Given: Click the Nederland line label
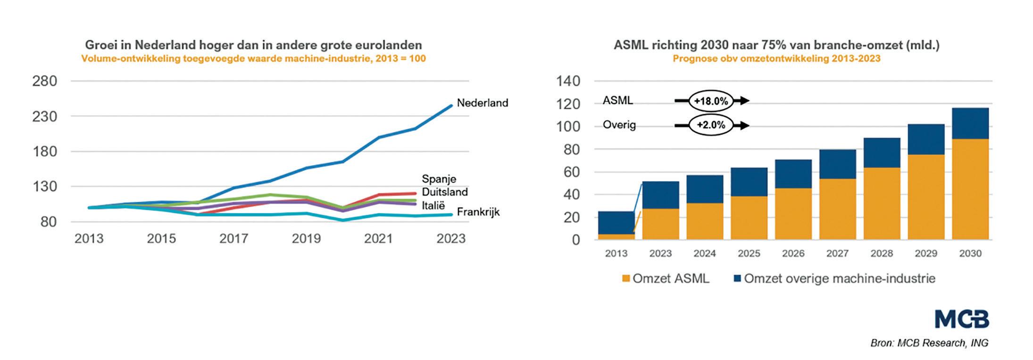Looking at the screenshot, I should (x=482, y=103).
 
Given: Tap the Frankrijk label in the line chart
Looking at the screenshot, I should (x=478, y=212).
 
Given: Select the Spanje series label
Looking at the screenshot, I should (x=439, y=179).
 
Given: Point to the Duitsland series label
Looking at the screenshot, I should (x=444, y=192).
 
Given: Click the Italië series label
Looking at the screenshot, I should (x=433, y=205).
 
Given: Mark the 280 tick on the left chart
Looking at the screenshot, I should (x=44, y=81).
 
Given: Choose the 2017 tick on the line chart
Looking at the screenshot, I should (x=233, y=239).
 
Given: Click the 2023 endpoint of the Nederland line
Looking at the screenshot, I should (x=451, y=106).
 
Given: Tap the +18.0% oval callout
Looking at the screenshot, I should (x=711, y=101).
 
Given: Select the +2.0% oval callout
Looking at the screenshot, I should (x=711, y=126).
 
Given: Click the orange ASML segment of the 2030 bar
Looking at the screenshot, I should (x=970, y=189).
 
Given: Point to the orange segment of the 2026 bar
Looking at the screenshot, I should (x=793, y=214).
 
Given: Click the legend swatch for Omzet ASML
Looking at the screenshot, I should (x=626, y=278).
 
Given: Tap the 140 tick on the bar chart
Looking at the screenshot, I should (x=568, y=81).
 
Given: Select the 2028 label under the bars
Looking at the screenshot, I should (x=882, y=253).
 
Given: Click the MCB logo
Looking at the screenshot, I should (x=962, y=319).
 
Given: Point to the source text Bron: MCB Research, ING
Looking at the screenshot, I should (x=929, y=343).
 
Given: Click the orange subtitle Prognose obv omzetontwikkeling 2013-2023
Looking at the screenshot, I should (x=776, y=59).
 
